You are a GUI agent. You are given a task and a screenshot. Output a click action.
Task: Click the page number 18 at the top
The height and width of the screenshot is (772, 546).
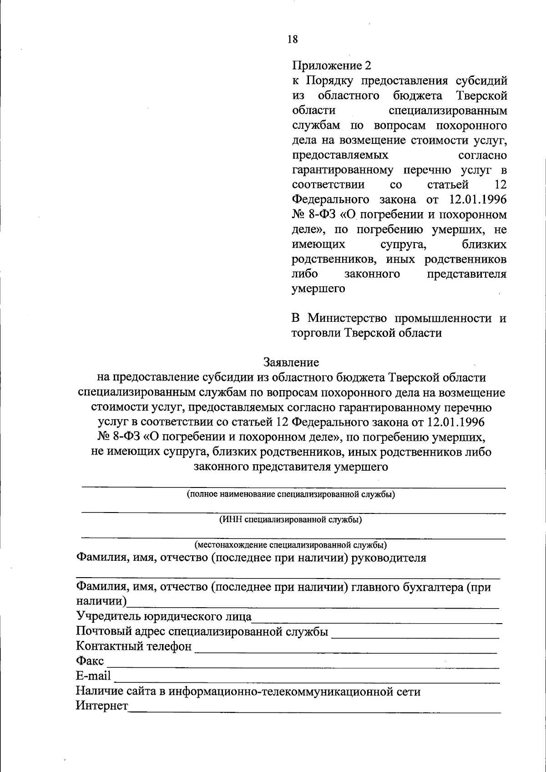click(x=293, y=40)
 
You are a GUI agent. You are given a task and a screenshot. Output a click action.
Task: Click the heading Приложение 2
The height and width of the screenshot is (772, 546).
click(x=331, y=66)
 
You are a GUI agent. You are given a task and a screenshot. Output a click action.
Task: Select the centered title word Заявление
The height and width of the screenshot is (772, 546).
click(x=291, y=362)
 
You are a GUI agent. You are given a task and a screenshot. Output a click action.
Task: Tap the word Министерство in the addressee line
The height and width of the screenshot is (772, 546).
click(x=347, y=318)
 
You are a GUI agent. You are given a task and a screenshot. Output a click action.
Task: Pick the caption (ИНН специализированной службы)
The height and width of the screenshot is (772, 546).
click(x=291, y=519)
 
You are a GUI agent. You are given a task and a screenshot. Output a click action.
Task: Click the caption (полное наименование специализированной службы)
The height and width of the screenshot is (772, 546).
click(x=291, y=494)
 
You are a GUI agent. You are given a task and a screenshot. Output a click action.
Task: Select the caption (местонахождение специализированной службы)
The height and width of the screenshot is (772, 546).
click(x=291, y=545)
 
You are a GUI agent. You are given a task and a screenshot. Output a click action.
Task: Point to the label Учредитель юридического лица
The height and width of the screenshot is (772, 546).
click(x=164, y=617)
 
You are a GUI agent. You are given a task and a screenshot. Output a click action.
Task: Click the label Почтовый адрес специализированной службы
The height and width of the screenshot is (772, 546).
click(x=202, y=632)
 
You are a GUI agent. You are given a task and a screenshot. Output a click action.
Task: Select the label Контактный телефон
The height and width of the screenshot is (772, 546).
click(x=134, y=646)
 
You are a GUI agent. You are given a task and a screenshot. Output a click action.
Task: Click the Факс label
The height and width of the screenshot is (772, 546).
click(x=90, y=661)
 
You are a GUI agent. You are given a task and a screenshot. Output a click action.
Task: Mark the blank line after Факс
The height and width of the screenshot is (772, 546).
click(x=303, y=666)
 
